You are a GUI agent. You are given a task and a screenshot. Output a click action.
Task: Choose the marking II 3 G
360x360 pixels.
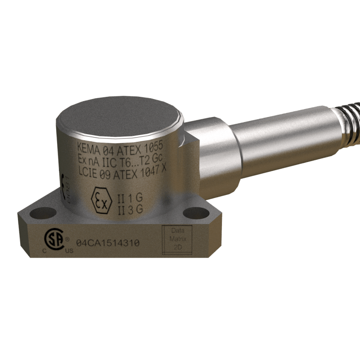130,209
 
